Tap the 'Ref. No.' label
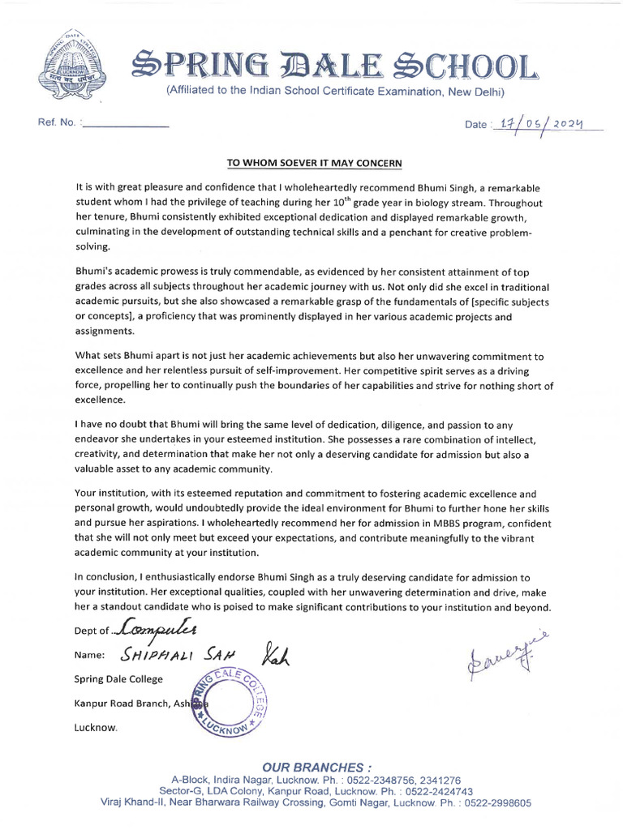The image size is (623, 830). [x=57, y=124]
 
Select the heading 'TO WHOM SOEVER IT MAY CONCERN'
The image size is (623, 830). [x=314, y=163]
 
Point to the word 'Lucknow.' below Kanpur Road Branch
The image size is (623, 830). [x=96, y=728]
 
